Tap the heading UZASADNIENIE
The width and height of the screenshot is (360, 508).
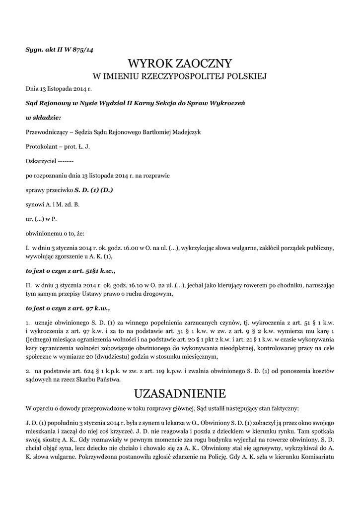click(180, 394)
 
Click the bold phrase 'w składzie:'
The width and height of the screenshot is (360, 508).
click(43, 118)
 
